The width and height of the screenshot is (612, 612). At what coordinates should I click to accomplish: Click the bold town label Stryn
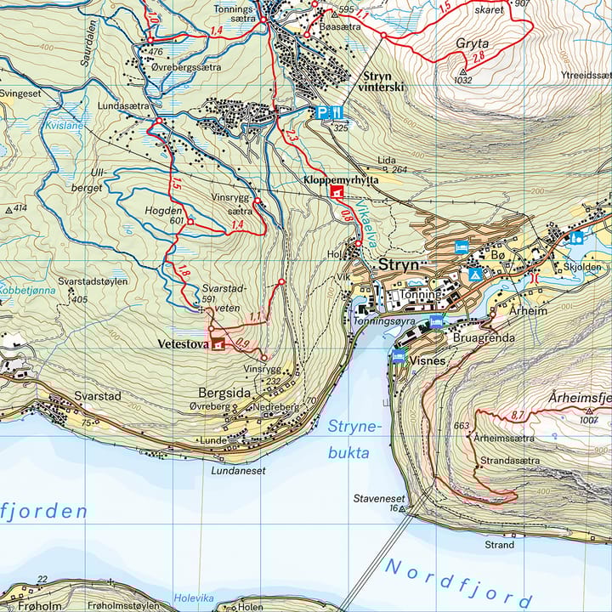pyautogui.click(x=399, y=264)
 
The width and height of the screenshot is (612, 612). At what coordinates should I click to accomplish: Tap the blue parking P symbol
pyautogui.click(x=322, y=112)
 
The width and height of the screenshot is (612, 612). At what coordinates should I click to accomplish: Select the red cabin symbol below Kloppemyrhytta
pyautogui.click(x=337, y=192)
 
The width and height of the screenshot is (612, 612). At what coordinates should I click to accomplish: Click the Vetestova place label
pyautogui.click(x=183, y=344)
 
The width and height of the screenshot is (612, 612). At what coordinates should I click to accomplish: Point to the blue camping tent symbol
pyautogui.click(x=476, y=275)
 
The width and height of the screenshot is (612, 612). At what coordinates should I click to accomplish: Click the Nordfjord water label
pyautogui.click(x=459, y=582)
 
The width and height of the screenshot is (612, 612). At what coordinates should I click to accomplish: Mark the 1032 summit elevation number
pyautogui.click(x=463, y=80)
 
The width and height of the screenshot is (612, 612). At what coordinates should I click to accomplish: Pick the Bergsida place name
pyautogui.click(x=223, y=394)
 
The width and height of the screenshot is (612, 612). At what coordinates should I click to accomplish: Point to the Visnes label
pyautogui.click(x=428, y=360)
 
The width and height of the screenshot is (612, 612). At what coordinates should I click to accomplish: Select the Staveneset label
pyautogui.click(x=379, y=499)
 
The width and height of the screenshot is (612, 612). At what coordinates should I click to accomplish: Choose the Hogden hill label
pyautogui.click(x=164, y=210)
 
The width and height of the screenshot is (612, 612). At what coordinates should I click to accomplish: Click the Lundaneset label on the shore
pyautogui.click(x=239, y=469)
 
